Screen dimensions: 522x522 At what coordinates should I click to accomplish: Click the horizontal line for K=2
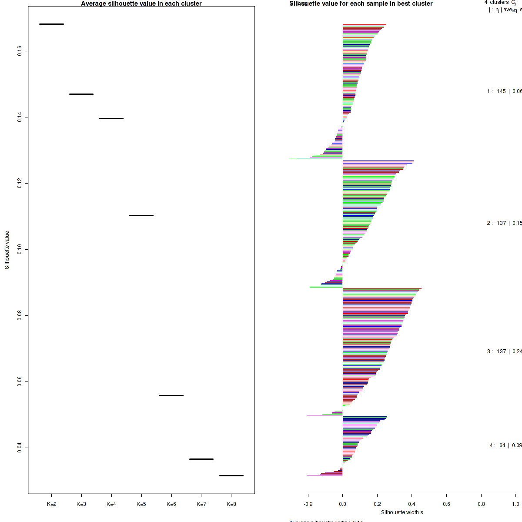coord(51,24)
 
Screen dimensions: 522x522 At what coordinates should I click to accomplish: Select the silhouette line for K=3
coord(81,94)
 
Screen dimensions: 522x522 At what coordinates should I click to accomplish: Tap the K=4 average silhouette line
coord(111,118)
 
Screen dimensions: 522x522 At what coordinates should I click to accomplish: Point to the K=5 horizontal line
coord(141,215)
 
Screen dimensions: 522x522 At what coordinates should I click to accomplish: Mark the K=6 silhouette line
coord(171,395)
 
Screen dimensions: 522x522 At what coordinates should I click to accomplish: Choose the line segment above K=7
coord(201,459)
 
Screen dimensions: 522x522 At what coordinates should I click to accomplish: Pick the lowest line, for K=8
coord(231,475)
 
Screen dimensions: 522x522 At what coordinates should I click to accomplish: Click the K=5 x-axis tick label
coord(141,504)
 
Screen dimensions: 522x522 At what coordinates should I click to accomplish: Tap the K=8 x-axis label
coord(231,504)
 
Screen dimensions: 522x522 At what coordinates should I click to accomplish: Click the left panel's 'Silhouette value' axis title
coord(7,250)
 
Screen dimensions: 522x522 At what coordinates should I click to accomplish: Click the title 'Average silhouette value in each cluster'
coord(141,3)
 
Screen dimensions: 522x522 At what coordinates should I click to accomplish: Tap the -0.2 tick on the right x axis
coord(308,504)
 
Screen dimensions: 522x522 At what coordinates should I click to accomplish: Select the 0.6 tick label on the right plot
coord(446,504)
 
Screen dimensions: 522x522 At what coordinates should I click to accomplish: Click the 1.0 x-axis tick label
coord(515,504)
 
